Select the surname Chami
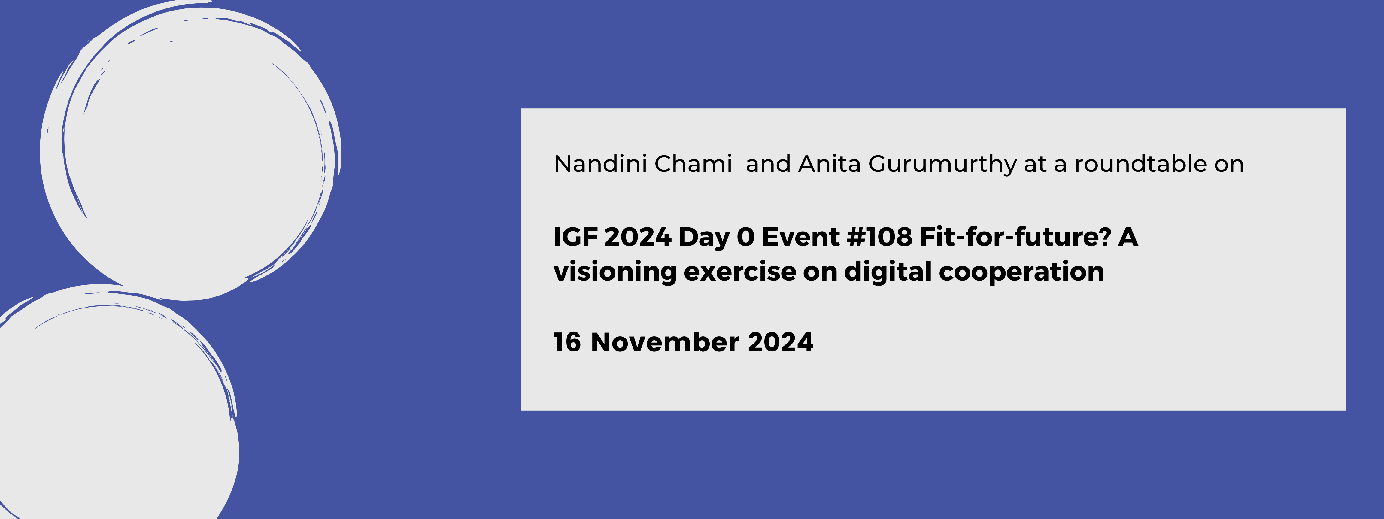click(x=693, y=164)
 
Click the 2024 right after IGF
click(x=638, y=237)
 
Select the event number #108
click(x=879, y=237)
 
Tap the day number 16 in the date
click(x=567, y=342)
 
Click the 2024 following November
click(x=780, y=342)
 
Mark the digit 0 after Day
click(x=745, y=237)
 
